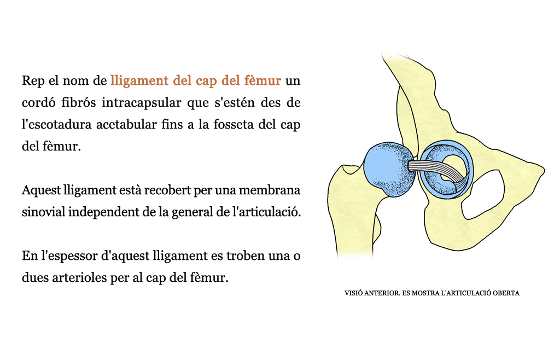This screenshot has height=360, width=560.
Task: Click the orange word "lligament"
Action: tap(139, 81)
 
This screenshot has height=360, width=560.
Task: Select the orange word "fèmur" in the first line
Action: tap(262, 80)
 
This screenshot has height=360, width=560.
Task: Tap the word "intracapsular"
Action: tap(142, 102)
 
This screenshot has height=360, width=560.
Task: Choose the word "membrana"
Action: tap(269, 190)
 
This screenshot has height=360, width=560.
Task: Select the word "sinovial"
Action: tap(43, 212)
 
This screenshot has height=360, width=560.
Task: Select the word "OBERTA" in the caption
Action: tap(506, 293)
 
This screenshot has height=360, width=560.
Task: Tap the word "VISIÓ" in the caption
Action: tap(353, 293)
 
